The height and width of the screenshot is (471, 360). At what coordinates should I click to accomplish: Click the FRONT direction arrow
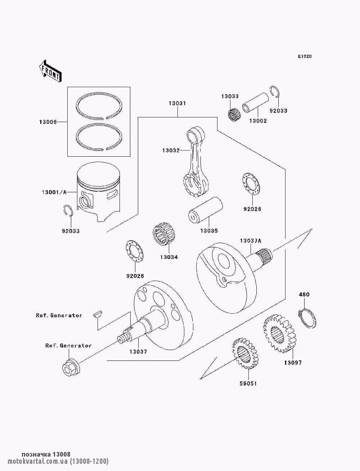(x=50, y=71)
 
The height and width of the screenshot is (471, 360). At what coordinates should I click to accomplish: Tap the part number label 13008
(x=48, y=122)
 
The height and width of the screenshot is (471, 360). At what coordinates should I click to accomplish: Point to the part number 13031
(x=177, y=103)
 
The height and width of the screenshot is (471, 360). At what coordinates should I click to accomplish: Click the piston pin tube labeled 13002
(x=255, y=103)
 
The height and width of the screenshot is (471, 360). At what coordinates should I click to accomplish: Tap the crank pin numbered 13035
(x=205, y=211)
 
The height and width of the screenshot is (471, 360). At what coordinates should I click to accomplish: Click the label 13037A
(x=250, y=241)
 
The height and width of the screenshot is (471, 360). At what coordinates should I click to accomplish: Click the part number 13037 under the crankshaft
(x=138, y=352)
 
